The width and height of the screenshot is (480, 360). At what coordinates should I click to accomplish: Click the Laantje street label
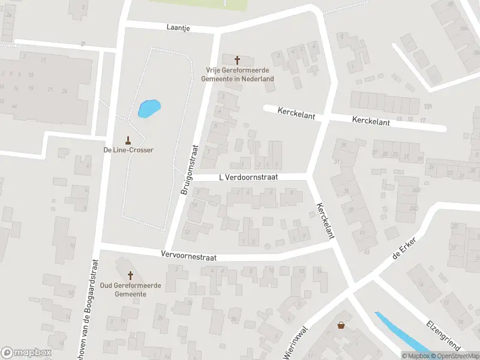(x=179, y=28)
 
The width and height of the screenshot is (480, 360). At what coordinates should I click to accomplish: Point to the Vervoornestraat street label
(x=188, y=256)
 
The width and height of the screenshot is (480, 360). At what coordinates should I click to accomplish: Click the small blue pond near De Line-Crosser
(x=149, y=109)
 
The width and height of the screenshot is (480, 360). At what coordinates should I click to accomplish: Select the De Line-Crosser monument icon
(x=127, y=140)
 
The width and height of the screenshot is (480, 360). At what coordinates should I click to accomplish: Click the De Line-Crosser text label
(x=128, y=150)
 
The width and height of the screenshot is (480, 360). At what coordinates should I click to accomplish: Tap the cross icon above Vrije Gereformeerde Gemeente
(x=237, y=60)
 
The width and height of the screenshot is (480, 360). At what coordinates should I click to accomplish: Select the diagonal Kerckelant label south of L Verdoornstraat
(x=324, y=220)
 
